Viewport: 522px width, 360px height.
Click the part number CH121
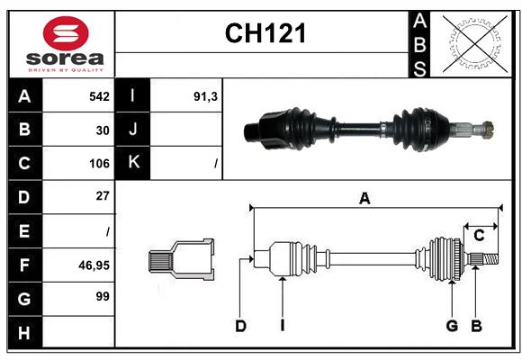[265, 33]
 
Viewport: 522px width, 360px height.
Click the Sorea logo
[66, 45]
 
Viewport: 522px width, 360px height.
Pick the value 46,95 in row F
[94, 265]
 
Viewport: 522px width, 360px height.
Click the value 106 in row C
[99, 164]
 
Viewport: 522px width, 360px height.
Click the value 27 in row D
[102, 195]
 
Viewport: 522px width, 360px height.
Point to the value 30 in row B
[103, 130]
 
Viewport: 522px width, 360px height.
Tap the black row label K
[133, 163]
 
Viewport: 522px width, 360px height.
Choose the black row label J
[133, 130]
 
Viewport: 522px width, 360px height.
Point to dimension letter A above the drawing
[364, 199]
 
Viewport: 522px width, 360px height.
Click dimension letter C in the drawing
[479, 235]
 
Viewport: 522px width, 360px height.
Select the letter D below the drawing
[240, 326]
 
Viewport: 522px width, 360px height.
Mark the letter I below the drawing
[282, 326]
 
